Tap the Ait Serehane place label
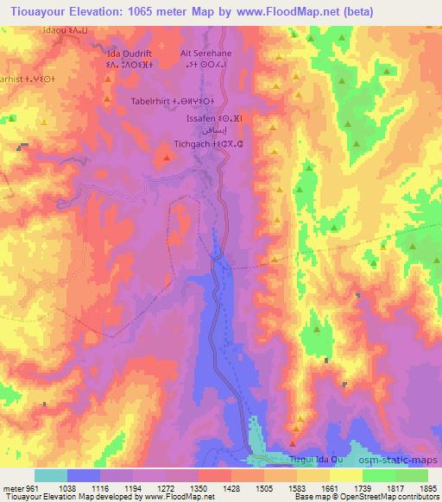click(x=205, y=52)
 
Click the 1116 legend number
click(x=99, y=487)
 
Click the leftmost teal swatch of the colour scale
click(x=51, y=475)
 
